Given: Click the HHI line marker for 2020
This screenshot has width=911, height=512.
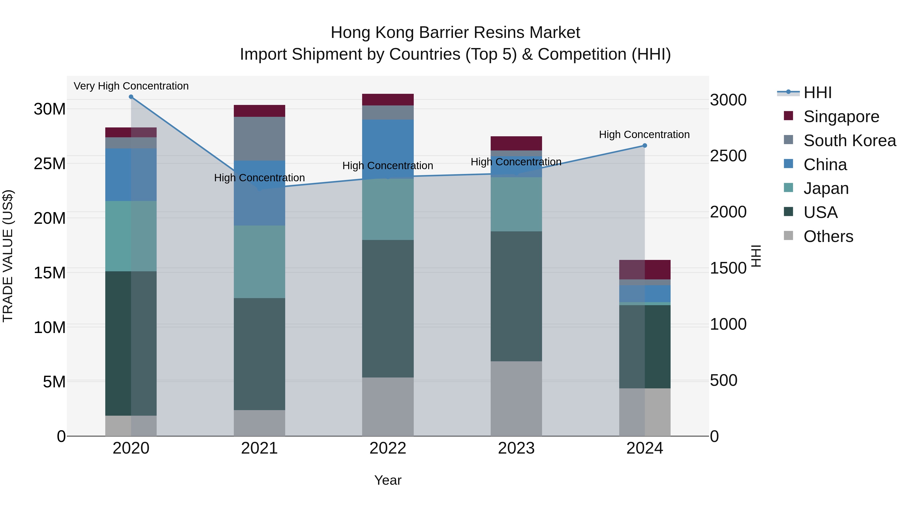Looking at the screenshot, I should pos(131,97).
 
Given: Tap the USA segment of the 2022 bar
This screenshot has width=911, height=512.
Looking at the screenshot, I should pos(388,308).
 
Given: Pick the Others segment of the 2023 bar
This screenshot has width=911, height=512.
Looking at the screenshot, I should pos(516,398).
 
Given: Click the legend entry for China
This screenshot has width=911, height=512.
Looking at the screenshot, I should pos(825,165).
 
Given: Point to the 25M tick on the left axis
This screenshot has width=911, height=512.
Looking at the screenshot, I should pos(50,164).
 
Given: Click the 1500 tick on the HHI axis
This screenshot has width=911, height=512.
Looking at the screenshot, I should pos(728,268).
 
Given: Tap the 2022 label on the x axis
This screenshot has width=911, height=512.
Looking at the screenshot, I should pos(388,448).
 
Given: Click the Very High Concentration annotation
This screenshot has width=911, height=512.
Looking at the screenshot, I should pos(131,86).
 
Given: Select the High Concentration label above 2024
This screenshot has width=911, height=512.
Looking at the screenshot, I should pos(644,135).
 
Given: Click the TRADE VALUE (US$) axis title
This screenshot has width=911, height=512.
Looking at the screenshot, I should pos(8,256).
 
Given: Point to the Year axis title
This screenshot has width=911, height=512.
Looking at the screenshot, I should pos(388,480).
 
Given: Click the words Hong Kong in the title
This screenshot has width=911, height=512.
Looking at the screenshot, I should pos(372,33).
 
